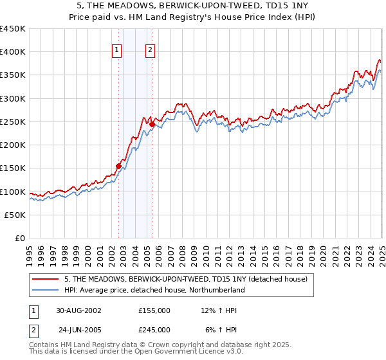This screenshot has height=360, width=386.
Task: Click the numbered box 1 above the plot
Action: click(x=116, y=51)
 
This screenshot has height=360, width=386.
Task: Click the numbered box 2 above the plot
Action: click(x=150, y=51)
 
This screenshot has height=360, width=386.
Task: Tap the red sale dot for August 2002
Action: click(x=119, y=166)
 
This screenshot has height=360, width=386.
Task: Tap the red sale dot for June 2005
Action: click(x=152, y=124)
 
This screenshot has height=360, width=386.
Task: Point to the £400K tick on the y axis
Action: click(x=13, y=52)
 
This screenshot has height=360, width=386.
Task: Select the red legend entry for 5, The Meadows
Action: click(x=187, y=279)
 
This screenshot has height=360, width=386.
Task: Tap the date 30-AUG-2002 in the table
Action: click(x=80, y=310)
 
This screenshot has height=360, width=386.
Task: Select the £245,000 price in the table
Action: click(x=154, y=330)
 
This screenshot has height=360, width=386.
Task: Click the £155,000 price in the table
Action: click(x=154, y=310)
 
